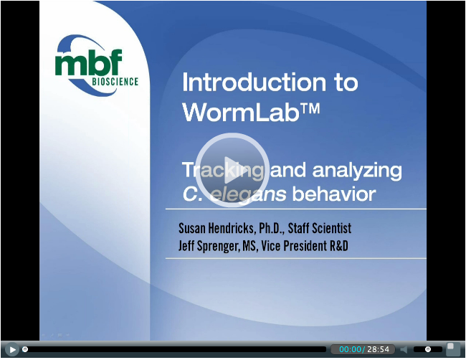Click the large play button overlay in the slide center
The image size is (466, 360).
(x=232, y=170)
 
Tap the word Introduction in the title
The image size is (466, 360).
(x=254, y=82)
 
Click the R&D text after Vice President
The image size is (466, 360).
(x=339, y=246)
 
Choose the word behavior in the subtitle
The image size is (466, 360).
(x=334, y=194)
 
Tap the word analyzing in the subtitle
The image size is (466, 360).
(x=357, y=171)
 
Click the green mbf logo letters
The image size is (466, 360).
(x=89, y=63)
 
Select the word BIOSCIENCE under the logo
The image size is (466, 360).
(x=115, y=82)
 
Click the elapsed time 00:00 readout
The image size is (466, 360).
(x=350, y=349)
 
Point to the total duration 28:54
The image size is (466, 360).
(x=378, y=349)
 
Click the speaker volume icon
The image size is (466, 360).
(x=404, y=349)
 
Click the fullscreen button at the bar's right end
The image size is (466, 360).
(x=453, y=349)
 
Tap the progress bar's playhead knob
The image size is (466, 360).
(x=25, y=349)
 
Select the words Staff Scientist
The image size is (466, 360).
(x=320, y=228)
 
